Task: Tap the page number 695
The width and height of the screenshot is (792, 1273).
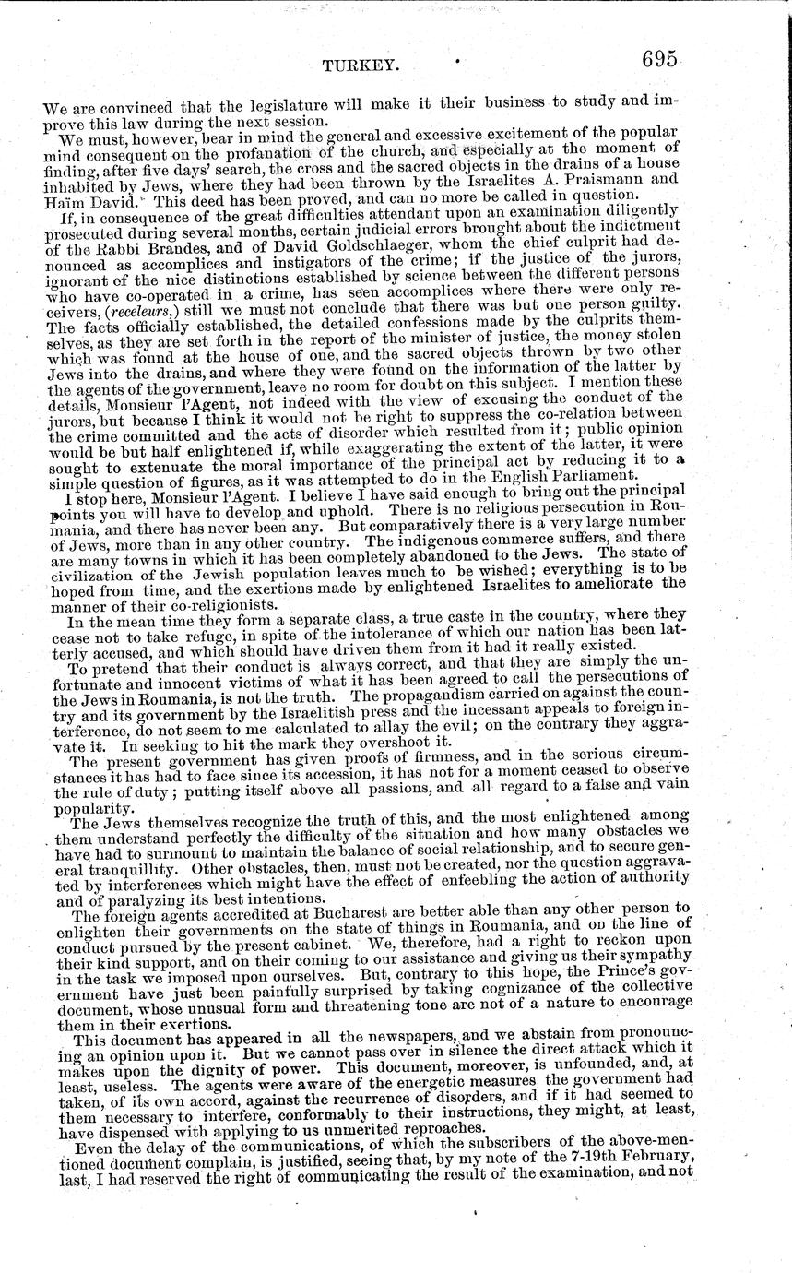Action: coord(649,59)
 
